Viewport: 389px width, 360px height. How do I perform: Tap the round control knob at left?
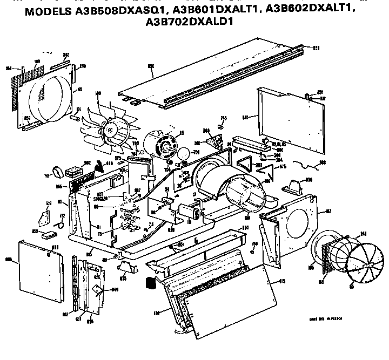point(55,173)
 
